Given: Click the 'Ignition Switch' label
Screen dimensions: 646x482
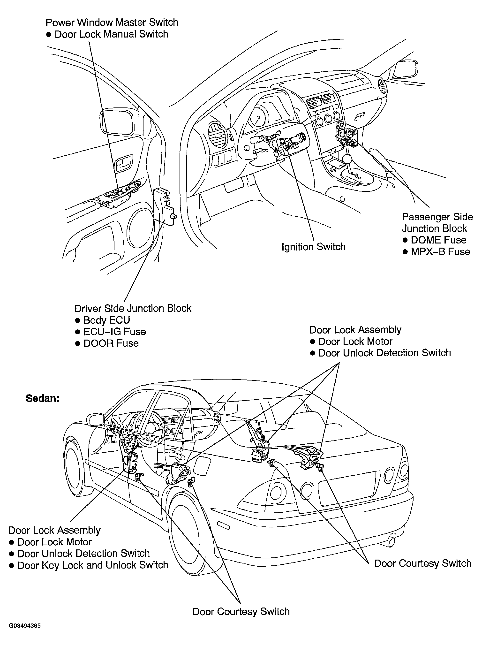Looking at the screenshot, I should [x=313, y=247].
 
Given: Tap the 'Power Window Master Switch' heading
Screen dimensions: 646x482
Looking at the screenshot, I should [x=112, y=23].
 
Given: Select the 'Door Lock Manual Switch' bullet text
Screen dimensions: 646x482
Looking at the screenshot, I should [x=111, y=34].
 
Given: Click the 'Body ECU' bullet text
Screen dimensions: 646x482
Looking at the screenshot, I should [x=106, y=320].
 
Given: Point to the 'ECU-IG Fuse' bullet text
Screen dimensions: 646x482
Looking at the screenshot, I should [x=114, y=332].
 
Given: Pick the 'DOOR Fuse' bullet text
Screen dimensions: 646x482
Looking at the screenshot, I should [x=111, y=343].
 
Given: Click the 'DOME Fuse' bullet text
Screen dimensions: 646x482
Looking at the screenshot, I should [x=438, y=240].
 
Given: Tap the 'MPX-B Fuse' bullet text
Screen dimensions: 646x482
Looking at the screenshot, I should [x=440, y=252].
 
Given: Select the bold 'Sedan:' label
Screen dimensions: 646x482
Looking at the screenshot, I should [x=43, y=398].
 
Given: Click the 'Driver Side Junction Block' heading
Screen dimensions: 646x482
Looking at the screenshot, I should [x=133, y=308].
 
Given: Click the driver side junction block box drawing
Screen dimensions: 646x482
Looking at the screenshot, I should [x=165, y=206].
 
